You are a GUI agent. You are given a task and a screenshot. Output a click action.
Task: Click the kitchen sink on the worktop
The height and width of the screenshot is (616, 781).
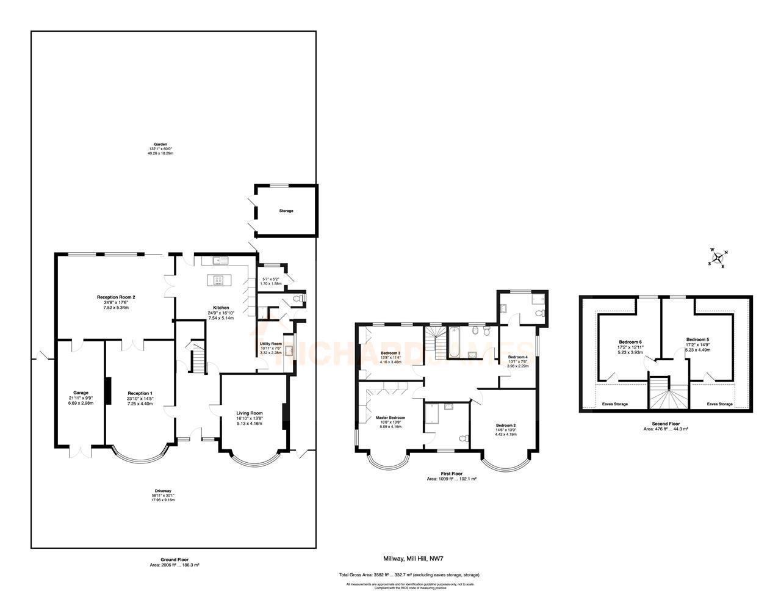(x=220, y=261)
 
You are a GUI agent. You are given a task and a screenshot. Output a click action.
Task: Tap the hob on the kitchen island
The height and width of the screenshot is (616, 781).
(x=218, y=280)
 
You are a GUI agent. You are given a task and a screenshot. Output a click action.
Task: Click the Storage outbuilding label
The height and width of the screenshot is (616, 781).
(x=286, y=211)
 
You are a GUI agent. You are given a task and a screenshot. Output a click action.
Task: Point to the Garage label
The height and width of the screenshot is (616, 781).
(x=81, y=393)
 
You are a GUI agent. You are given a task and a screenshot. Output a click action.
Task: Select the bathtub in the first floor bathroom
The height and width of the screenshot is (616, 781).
(x=455, y=344)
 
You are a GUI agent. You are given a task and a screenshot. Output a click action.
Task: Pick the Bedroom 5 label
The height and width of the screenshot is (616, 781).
(x=697, y=339)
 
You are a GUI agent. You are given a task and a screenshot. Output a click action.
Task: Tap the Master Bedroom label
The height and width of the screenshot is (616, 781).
(x=390, y=418)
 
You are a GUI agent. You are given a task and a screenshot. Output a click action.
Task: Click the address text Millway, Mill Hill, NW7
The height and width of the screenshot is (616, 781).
(x=413, y=558)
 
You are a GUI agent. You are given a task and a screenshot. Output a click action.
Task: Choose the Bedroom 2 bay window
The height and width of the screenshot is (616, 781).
(x=505, y=464)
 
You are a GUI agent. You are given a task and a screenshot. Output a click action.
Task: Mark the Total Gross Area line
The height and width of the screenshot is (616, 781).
(x=409, y=575)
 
